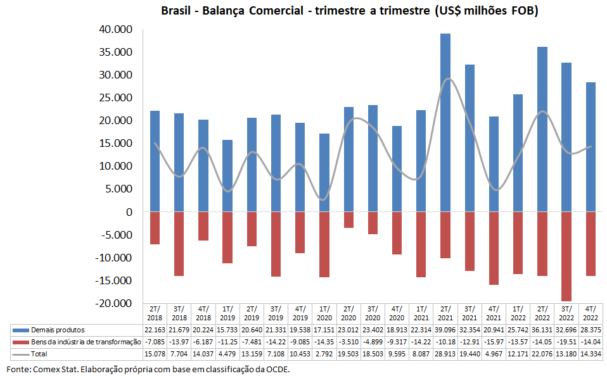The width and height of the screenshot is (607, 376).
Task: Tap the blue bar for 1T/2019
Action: [227, 175]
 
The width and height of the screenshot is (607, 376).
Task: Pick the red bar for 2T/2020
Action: [348, 220]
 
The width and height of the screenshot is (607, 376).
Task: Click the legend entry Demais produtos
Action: [58, 330]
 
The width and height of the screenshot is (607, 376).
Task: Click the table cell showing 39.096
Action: [445, 330]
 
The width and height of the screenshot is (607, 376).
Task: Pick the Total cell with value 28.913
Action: [445, 353]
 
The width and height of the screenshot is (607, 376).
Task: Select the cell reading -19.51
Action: [567, 342]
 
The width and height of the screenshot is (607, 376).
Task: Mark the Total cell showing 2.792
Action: [324, 353]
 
